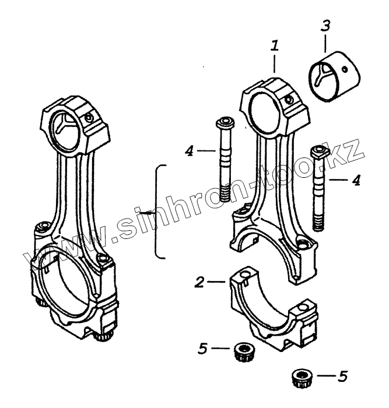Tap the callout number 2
tap(199, 282)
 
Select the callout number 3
tap(325, 26)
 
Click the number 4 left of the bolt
tap(188, 151)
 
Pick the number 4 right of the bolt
tap(355, 180)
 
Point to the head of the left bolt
tap(223, 124)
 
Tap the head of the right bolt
tap(319, 152)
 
